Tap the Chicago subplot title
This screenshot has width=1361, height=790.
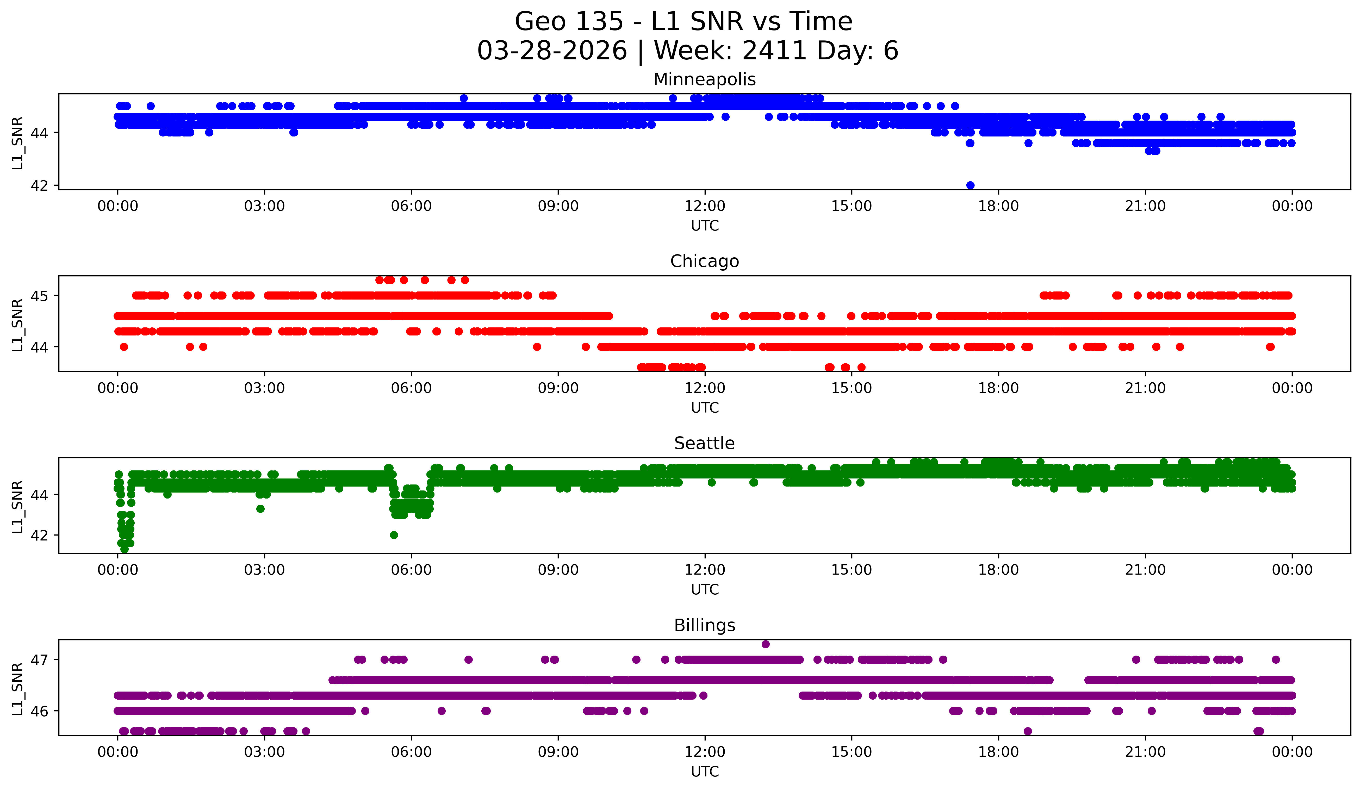704,261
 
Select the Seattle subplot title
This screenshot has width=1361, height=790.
704,443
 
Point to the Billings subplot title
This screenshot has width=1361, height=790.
704,625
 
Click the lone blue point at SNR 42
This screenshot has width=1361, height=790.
970,185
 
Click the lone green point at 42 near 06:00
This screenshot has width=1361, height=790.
394,535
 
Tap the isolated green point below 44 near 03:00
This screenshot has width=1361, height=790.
260,509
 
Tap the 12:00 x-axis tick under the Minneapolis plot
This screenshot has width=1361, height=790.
705,206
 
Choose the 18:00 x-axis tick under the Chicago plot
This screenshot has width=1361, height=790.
998,388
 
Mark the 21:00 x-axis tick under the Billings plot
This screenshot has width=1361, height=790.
1145,752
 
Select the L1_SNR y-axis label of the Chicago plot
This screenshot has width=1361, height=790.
17,325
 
